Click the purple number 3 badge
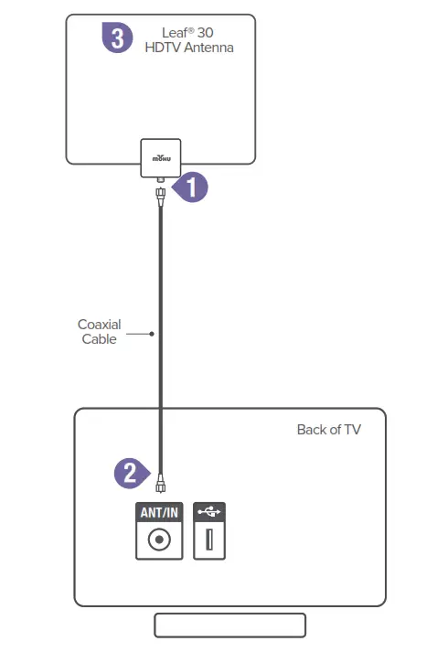[x=118, y=39]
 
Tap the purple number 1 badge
[x=191, y=187]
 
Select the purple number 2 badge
[x=131, y=473]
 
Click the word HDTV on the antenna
[x=163, y=47]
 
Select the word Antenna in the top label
[x=207, y=47]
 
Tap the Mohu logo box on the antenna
[x=160, y=157]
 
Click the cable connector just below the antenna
[x=160, y=195]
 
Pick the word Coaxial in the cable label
[x=99, y=325]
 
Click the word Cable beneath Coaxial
[x=99, y=339]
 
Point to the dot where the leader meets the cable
[x=152, y=334]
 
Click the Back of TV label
[x=328, y=430]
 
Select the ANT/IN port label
[x=159, y=512]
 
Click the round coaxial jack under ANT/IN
[x=159, y=540]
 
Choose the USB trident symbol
[x=209, y=512]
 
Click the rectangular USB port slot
[x=209, y=540]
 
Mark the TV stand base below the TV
[x=229, y=625]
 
